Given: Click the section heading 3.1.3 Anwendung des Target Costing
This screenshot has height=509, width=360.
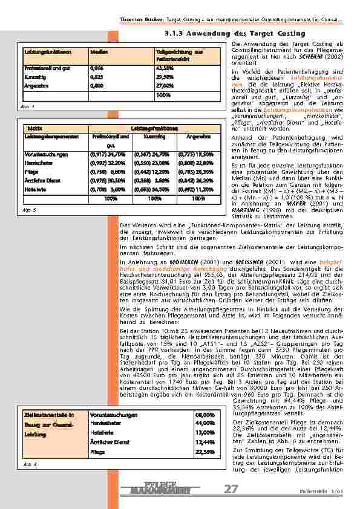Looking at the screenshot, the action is [x=226, y=33].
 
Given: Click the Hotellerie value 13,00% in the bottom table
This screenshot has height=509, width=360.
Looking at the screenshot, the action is [x=205, y=433].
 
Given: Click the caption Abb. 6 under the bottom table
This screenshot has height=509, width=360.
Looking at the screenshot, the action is [x=30, y=465].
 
